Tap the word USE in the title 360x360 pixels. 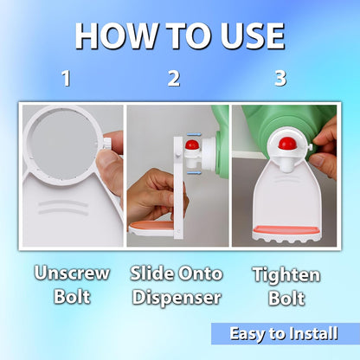pyautogui.click(x=253, y=35)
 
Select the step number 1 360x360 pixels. pyautogui.click(x=67, y=79)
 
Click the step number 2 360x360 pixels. pyautogui.click(x=174, y=79)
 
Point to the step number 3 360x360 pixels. pyautogui.click(x=280, y=78)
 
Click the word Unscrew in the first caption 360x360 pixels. pyautogui.click(x=72, y=273)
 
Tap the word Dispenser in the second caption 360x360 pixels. pyautogui.click(x=177, y=298)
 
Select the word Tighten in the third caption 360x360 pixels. pyautogui.click(x=286, y=274)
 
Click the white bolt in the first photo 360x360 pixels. pyautogui.click(x=107, y=144)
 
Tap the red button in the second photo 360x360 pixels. pyautogui.click(x=191, y=145)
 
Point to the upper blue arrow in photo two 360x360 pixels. pyautogui.click(x=194, y=134)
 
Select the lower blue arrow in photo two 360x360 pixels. pyautogui.click(x=194, y=172)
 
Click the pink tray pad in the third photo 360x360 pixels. pyautogui.click(x=286, y=230)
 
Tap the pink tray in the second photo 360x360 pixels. pyautogui.click(x=151, y=225)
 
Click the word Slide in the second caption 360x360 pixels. pyautogui.click(x=151, y=273)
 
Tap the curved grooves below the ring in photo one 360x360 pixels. pyautogui.click(x=63, y=208)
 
